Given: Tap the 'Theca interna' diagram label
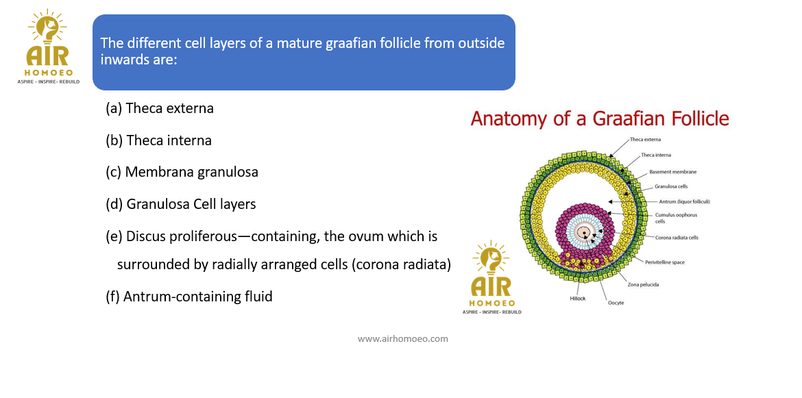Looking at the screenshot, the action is coord(657,155).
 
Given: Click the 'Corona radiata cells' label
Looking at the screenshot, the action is coord(677,238).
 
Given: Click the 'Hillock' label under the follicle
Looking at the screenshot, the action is coord(577,298).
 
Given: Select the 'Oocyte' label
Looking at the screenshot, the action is coord(616,303).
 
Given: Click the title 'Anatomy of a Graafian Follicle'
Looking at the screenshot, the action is coord(600,119).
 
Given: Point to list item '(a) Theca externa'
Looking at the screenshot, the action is coord(160,108).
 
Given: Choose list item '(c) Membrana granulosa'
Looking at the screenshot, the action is coord(182,172).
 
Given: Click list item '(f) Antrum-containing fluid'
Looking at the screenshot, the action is coord(189,297).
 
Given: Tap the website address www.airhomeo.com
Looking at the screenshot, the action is coord(402,338).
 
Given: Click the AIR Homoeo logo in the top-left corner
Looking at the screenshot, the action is coord(49,47).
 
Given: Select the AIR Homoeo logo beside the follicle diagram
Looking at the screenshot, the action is coord(491,277).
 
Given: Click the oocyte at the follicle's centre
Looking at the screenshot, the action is coord(583,233).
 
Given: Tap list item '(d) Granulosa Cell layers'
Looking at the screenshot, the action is coord(180,204).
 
